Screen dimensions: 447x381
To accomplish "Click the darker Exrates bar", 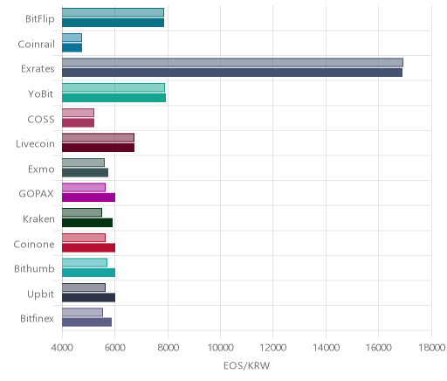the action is (x=232, y=73).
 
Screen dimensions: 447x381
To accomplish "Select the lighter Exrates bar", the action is (x=232, y=62).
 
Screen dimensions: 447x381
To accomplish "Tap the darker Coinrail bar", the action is (x=72, y=47).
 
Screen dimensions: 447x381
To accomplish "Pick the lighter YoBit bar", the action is (x=113, y=87).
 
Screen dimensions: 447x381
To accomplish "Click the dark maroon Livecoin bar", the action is (x=98, y=148).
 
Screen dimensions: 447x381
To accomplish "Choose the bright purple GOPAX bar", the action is (x=88, y=197).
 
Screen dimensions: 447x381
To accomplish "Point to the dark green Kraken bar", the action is (x=87, y=223).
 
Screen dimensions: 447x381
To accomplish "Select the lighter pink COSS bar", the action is (x=78, y=113).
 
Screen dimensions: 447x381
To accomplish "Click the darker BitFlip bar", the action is (x=113, y=23).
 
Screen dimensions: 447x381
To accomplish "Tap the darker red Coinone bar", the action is (x=88, y=247).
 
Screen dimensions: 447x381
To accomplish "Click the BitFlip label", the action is (x=40, y=19).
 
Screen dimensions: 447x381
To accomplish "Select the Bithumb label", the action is (x=34, y=268).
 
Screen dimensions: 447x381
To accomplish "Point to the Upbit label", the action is (x=40, y=294).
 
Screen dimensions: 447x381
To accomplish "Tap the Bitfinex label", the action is (x=37, y=318).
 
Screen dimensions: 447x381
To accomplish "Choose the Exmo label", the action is (x=41, y=169).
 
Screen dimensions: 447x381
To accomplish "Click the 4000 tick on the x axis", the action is (x=62, y=348).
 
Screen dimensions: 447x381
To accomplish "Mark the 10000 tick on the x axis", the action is (x=220, y=348).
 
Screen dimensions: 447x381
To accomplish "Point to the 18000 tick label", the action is (x=431, y=348).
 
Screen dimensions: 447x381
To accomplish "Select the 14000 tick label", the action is (x=326, y=348).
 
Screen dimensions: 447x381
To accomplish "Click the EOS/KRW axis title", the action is (x=246, y=365).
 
